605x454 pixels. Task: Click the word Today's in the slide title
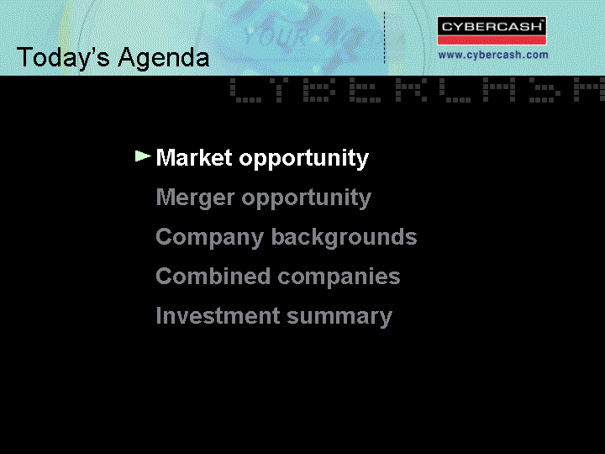(x=63, y=57)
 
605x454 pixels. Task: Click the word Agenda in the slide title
(x=164, y=58)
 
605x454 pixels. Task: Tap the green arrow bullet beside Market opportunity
(x=143, y=156)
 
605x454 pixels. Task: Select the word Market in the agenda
(x=194, y=157)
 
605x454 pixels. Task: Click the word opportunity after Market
(x=304, y=159)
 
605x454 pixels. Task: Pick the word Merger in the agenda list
(x=195, y=198)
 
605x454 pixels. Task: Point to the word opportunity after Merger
(x=307, y=198)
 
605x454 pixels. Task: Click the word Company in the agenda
(x=209, y=237)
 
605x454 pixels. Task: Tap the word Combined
(x=213, y=276)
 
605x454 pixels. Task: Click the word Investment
(x=218, y=315)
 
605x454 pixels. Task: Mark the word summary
(x=339, y=317)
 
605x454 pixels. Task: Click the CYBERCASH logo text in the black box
(x=492, y=27)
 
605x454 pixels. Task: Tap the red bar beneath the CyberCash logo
(x=492, y=40)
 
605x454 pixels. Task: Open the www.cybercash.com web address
(x=493, y=55)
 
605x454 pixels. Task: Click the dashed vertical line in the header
(x=384, y=38)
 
